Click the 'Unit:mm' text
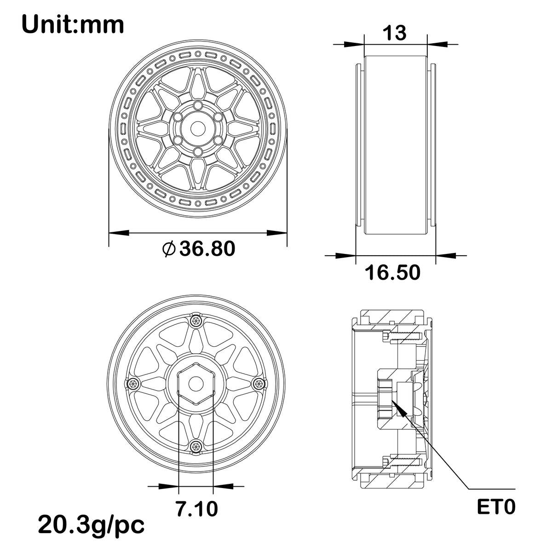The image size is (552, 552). pyautogui.click(x=73, y=25)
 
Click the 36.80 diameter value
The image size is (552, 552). pyautogui.click(x=207, y=248)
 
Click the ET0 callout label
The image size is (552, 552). pyautogui.click(x=496, y=507)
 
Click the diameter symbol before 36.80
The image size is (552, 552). pyautogui.click(x=169, y=249)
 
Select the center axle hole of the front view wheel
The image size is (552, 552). pyautogui.click(x=197, y=128)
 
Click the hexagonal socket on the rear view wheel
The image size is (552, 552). pyautogui.click(x=196, y=384)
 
